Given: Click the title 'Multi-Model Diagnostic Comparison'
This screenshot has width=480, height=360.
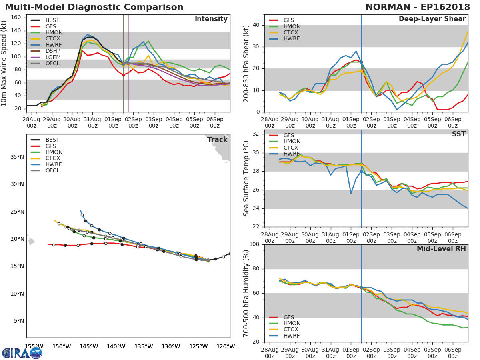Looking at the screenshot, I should (x=94, y=7).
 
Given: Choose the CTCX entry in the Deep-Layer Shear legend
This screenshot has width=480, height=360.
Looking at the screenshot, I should (x=292, y=32).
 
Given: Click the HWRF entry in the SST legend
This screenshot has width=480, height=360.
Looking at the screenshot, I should (x=292, y=154).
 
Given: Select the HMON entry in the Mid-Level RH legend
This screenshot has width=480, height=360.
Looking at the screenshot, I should (x=292, y=324).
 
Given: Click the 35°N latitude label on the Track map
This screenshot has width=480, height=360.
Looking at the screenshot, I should (x=17, y=157).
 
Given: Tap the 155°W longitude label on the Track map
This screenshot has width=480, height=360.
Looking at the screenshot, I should (x=34, y=346).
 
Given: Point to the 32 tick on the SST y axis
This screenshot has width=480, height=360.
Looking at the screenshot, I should (x=256, y=134).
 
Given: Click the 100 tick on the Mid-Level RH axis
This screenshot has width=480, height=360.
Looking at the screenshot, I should (x=254, y=244).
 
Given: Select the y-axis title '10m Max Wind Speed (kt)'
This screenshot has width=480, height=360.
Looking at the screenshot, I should (x=4, y=63).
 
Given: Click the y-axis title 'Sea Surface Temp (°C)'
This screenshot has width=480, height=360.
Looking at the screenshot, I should (x=246, y=178).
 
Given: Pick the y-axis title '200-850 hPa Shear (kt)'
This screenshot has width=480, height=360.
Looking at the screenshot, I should (x=246, y=63).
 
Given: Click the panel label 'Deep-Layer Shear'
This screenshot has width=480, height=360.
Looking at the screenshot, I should (x=432, y=19).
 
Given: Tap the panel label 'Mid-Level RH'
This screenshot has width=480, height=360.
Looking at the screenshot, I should (x=441, y=249).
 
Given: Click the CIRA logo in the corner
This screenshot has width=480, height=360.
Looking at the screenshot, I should (x=22, y=353).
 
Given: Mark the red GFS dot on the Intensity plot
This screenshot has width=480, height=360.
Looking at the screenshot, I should (x=123, y=75).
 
